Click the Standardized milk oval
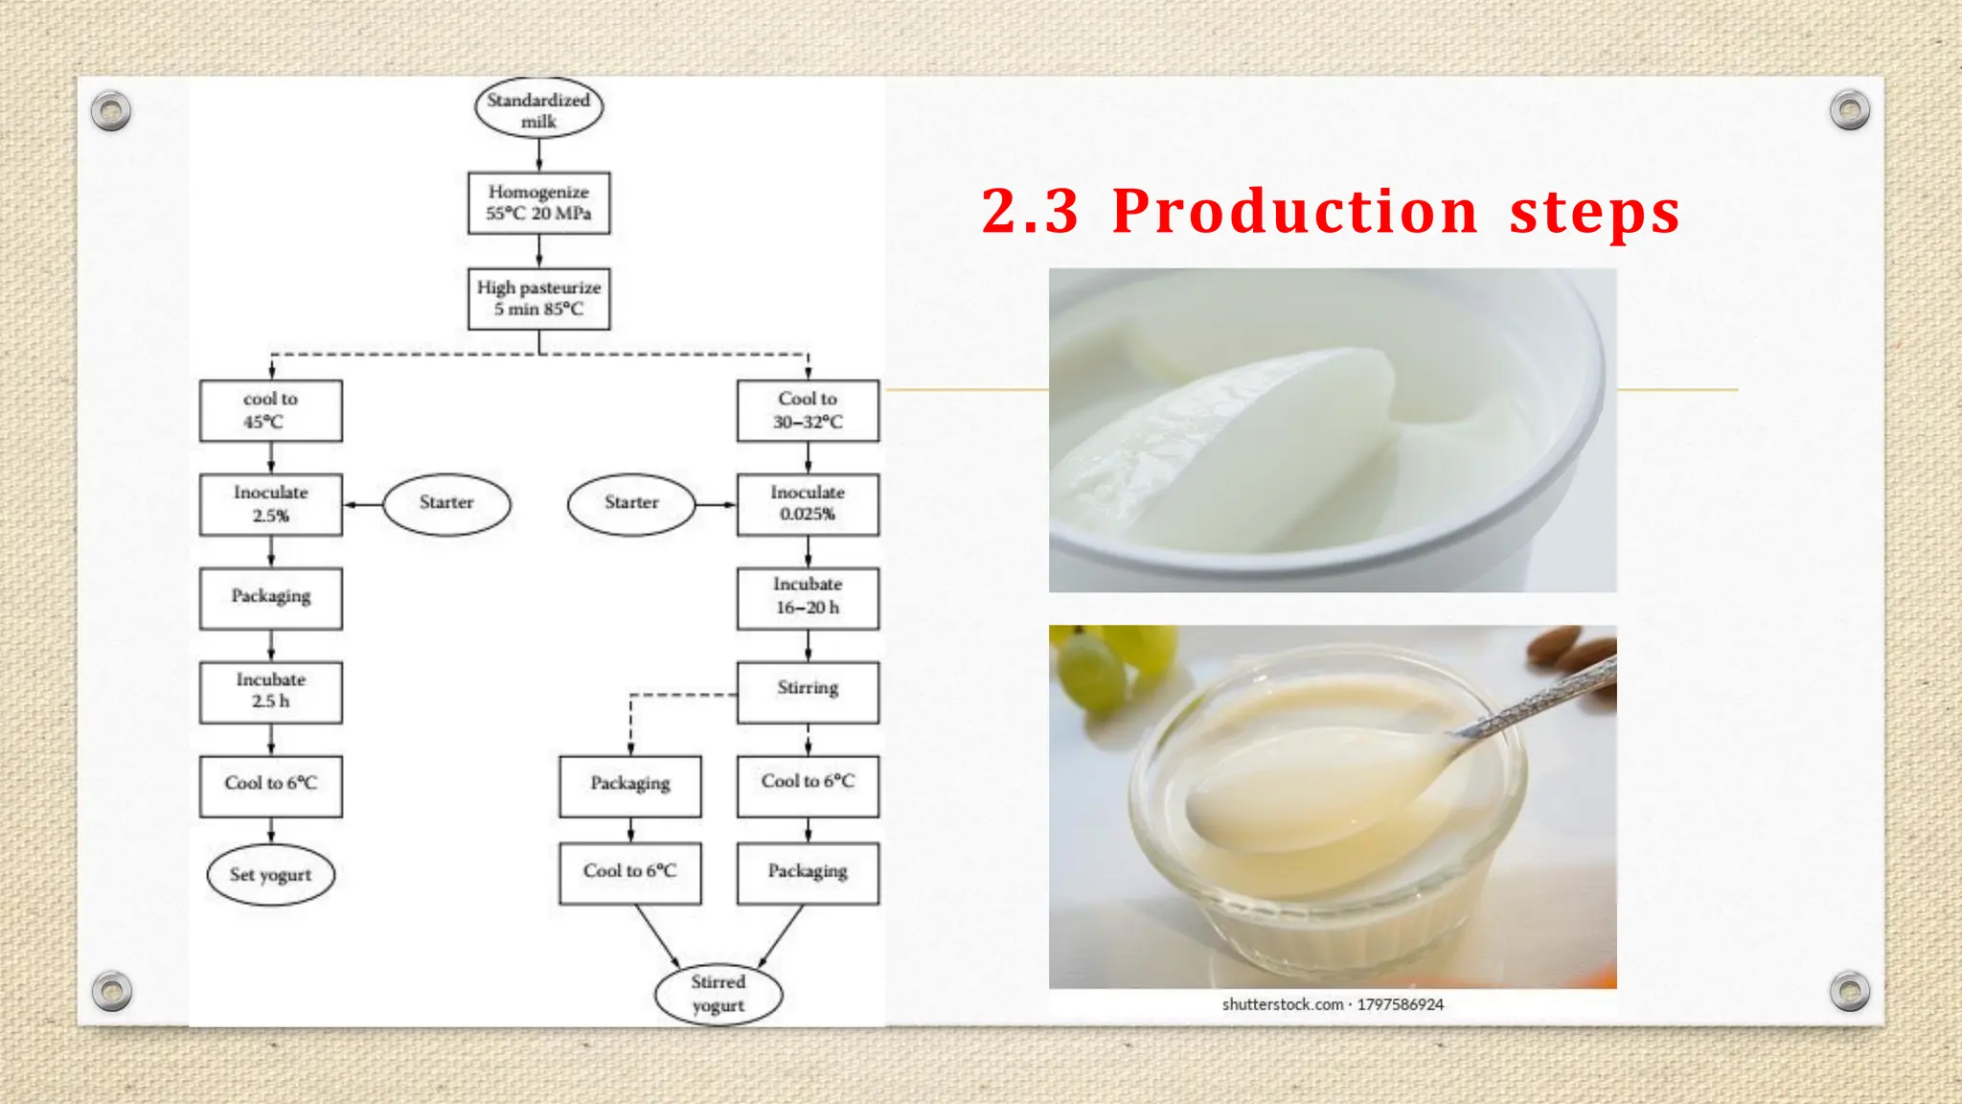538,109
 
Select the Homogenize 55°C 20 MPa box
538,203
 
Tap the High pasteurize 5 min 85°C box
538,299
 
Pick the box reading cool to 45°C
271,411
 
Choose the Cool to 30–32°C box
808,411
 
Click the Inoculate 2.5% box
271,504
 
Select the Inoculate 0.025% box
808,504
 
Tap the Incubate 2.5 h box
271,691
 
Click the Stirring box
808,691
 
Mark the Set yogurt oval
271,874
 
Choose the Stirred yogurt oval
719,994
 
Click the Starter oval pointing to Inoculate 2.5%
446,504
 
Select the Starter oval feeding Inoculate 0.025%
631,504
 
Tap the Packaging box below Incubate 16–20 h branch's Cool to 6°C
808,872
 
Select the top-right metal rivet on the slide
1849,110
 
